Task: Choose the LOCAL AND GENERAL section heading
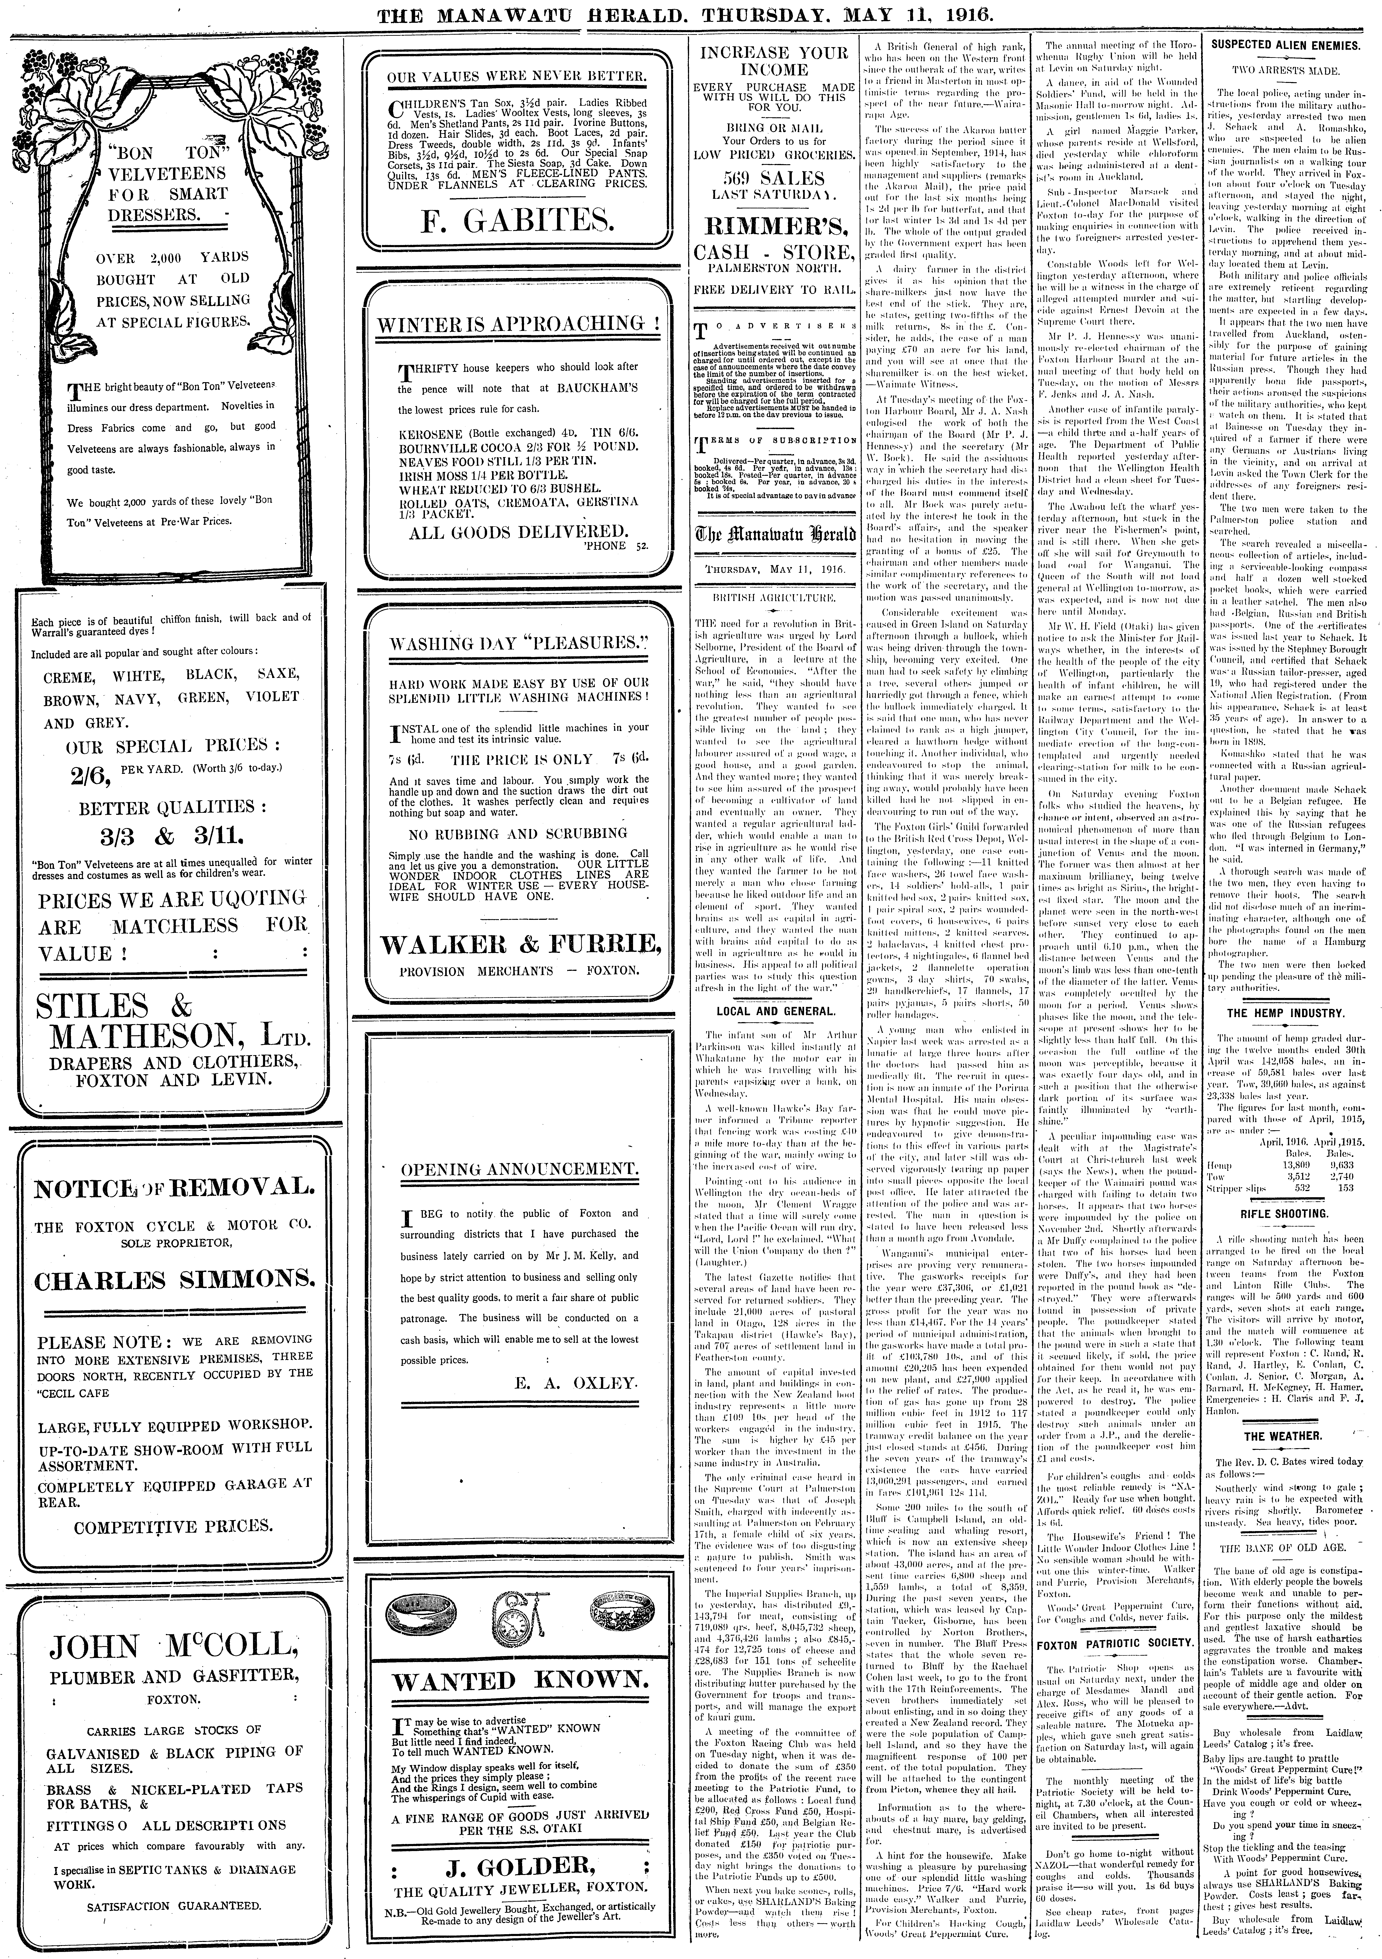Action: coord(775,1011)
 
